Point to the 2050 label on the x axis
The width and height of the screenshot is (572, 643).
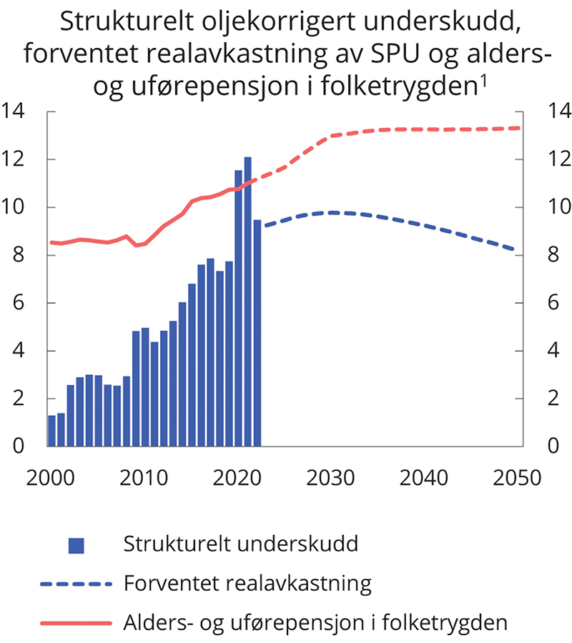[516, 477]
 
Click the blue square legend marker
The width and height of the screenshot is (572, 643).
[76, 545]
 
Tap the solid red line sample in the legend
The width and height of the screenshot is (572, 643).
[76, 622]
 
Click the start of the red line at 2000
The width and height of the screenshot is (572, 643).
[50, 242]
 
